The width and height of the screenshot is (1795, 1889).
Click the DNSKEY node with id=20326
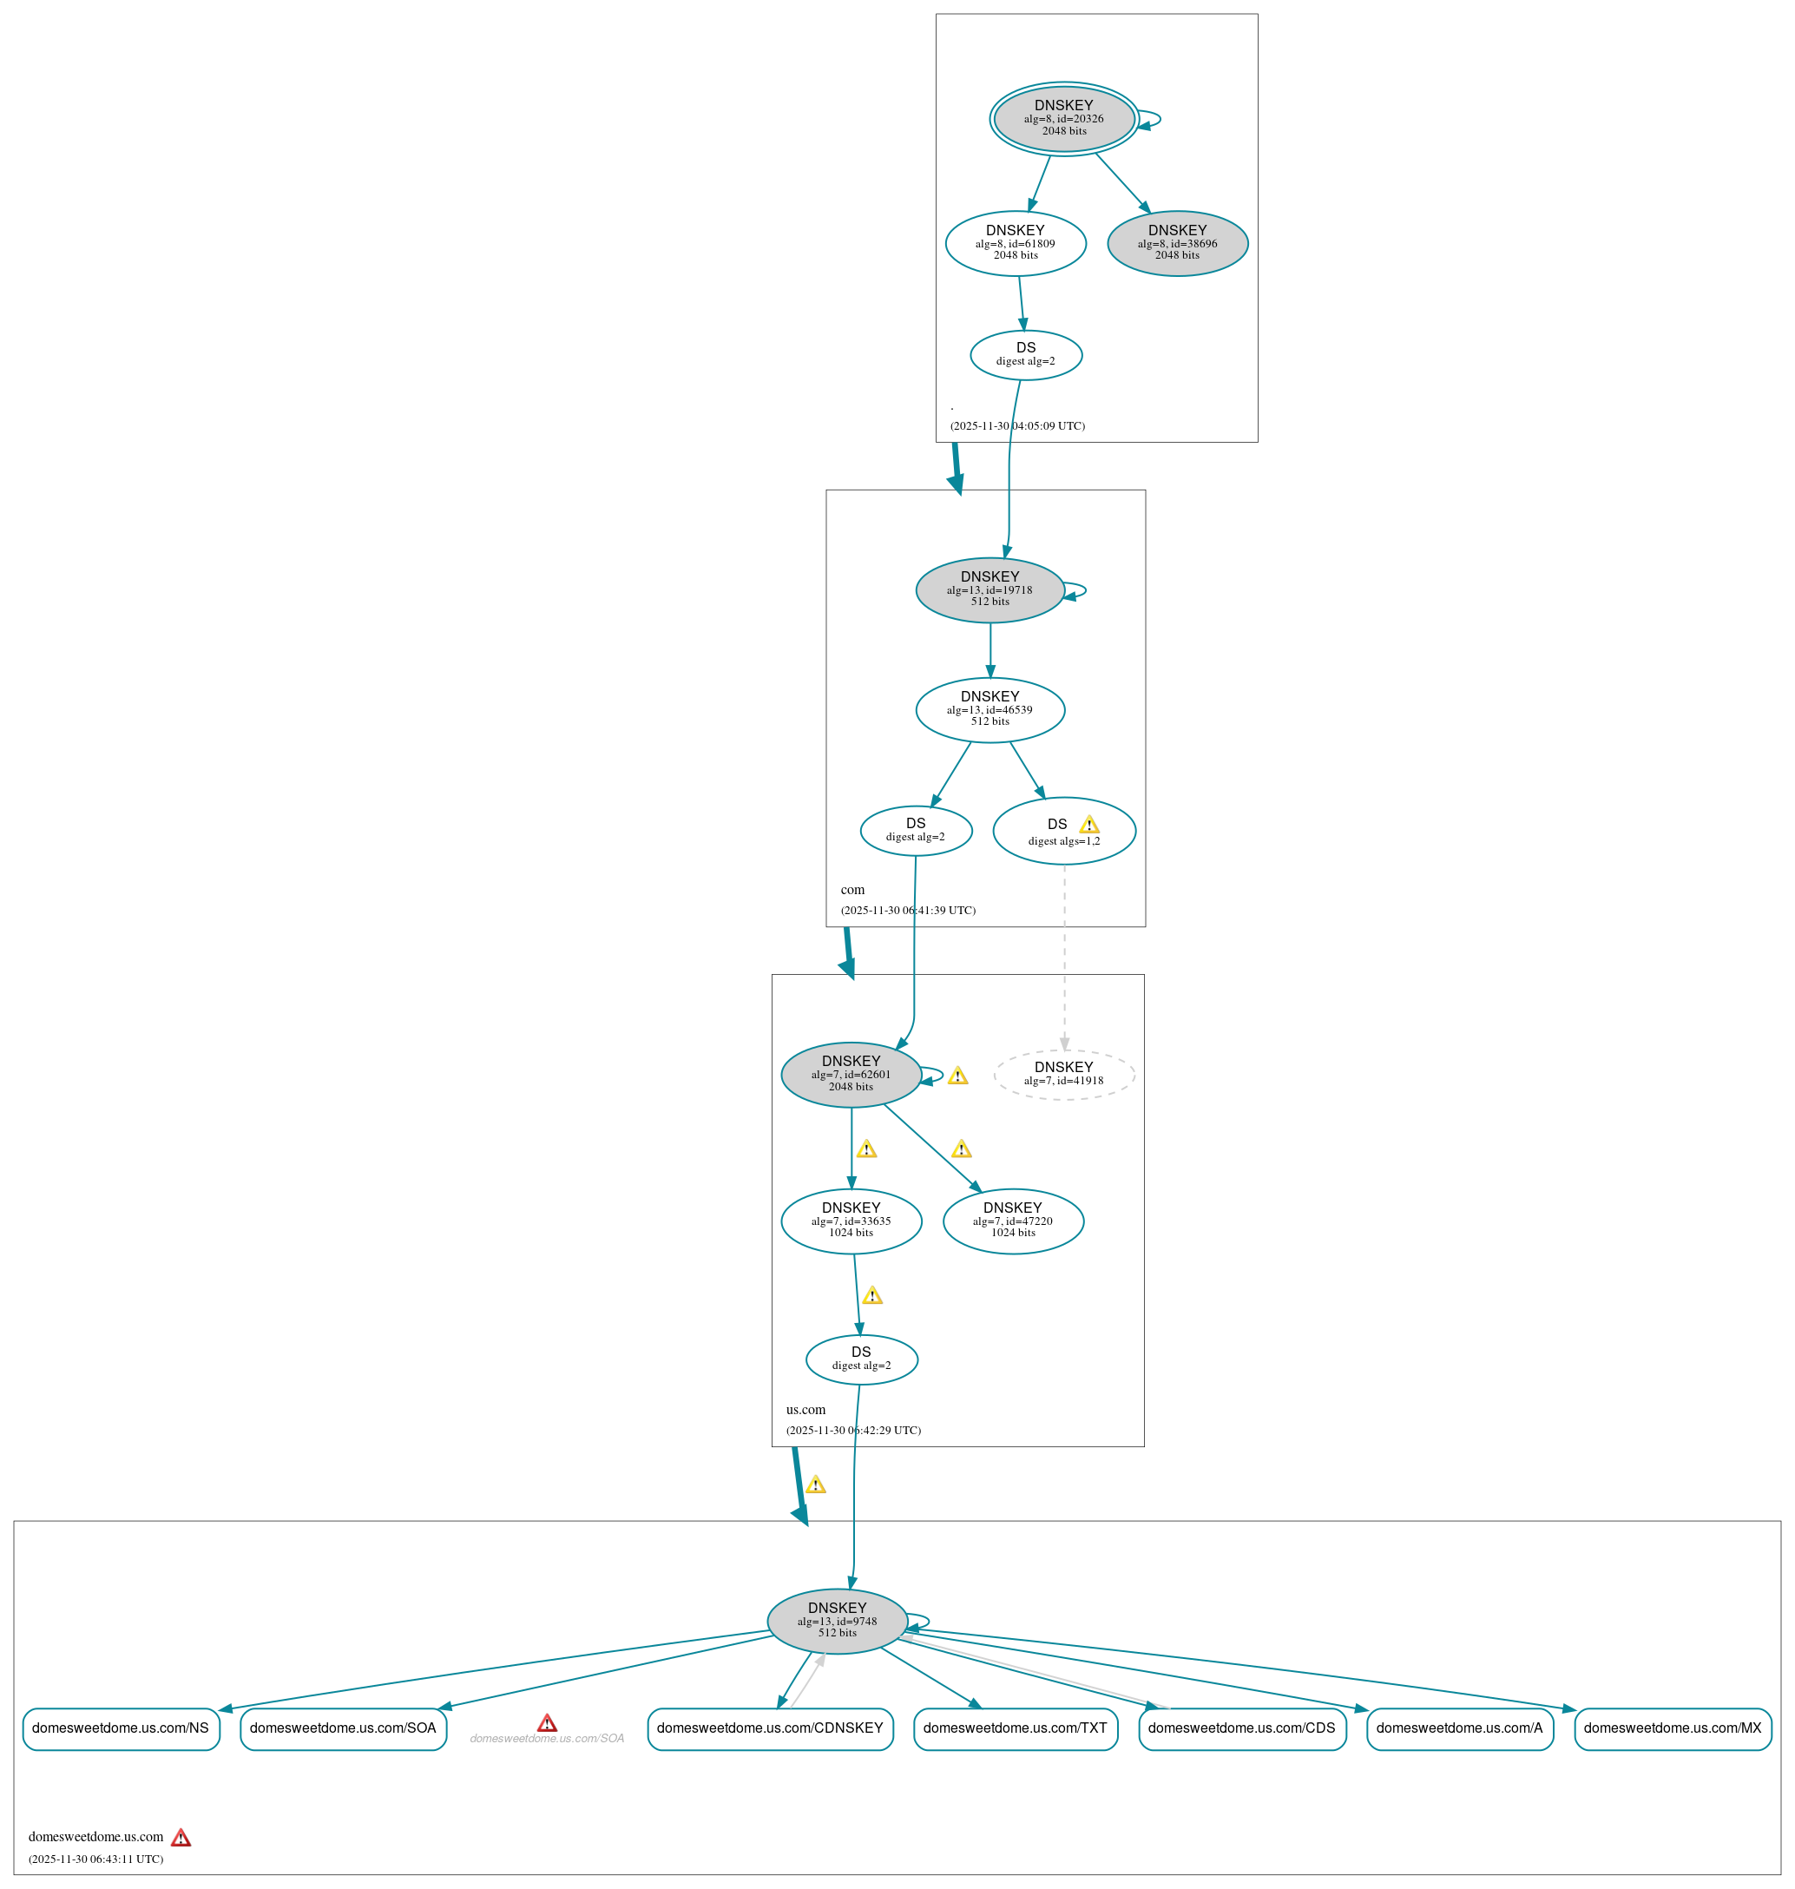point(1063,119)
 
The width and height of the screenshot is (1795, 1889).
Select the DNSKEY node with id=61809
point(1016,243)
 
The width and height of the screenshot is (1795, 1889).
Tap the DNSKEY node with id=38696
point(1177,243)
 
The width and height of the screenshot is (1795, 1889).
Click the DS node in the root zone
point(1026,355)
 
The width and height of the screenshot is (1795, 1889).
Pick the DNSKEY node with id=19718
point(990,589)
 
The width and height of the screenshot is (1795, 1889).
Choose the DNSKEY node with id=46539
point(990,709)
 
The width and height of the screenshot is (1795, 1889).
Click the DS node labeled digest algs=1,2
point(1063,831)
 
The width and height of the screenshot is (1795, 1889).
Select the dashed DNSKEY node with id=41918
point(1063,1074)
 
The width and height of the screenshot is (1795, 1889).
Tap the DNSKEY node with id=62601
point(851,1074)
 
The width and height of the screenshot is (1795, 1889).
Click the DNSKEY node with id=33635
point(851,1221)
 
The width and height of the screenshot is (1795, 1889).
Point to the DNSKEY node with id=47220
point(1012,1221)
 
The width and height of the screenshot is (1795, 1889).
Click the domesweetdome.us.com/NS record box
point(121,1728)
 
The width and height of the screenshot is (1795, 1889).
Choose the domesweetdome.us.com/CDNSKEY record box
point(769,1728)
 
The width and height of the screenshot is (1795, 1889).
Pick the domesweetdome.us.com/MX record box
point(1672,1728)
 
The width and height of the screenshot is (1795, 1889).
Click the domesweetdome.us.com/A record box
point(1458,1728)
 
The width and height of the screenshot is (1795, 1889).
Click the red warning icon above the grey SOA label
point(546,1722)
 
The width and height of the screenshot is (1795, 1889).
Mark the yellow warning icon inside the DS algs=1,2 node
point(1088,825)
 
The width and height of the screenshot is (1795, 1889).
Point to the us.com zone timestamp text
point(852,1430)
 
